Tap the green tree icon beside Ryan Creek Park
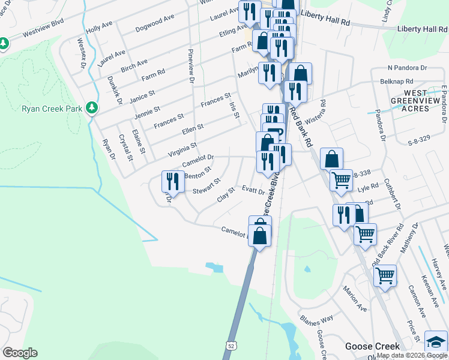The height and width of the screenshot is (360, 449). [91, 107]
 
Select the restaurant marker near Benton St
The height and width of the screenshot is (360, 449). [172, 181]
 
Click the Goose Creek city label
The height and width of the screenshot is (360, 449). [372, 347]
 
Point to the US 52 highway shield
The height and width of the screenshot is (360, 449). [231, 346]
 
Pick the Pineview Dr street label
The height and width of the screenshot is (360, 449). [191, 66]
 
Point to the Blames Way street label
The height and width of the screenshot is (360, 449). [317, 316]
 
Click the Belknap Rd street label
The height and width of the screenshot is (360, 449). [401, 80]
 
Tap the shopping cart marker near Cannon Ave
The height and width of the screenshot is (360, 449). [385, 276]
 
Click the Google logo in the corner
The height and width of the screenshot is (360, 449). [20, 353]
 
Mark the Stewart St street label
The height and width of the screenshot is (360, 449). [206, 186]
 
